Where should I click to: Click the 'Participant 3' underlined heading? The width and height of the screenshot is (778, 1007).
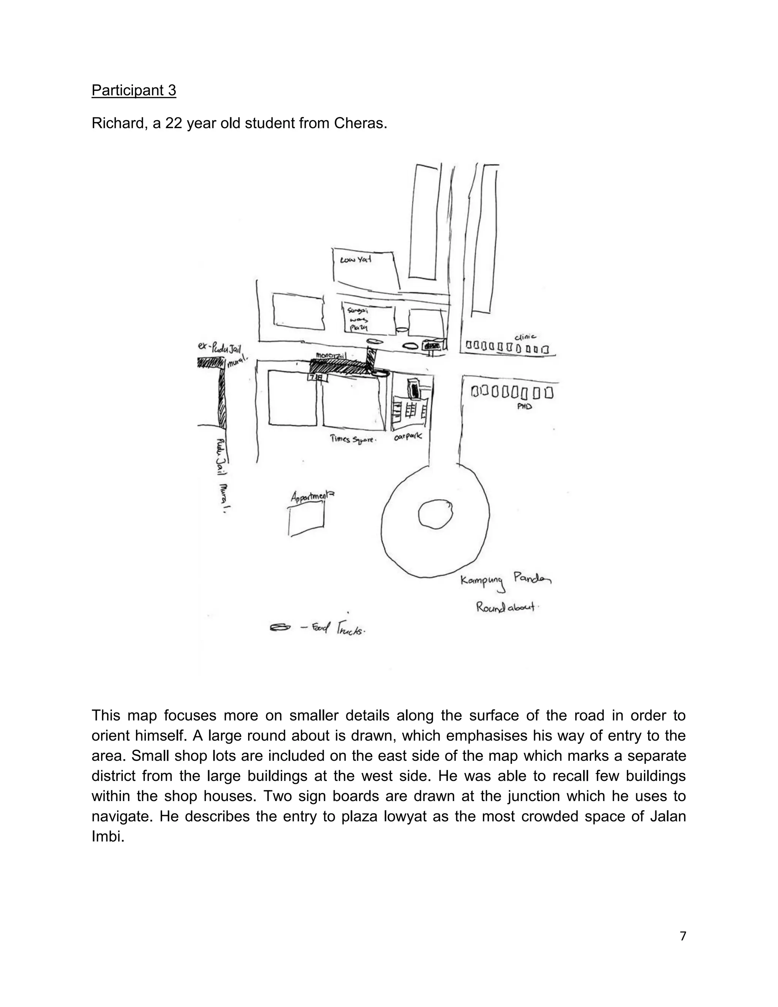tap(134, 90)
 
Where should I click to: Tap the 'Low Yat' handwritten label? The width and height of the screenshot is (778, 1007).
tap(355, 260)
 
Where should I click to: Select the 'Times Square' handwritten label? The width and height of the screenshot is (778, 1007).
tap(353, 439)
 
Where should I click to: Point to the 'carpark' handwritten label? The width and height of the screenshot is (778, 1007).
tap(408, 436)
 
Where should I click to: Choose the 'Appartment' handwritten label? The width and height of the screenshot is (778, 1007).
tap(312, 497)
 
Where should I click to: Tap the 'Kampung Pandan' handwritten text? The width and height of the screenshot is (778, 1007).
tap(506, 580)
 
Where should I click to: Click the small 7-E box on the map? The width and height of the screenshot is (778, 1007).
tap(318, 378)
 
